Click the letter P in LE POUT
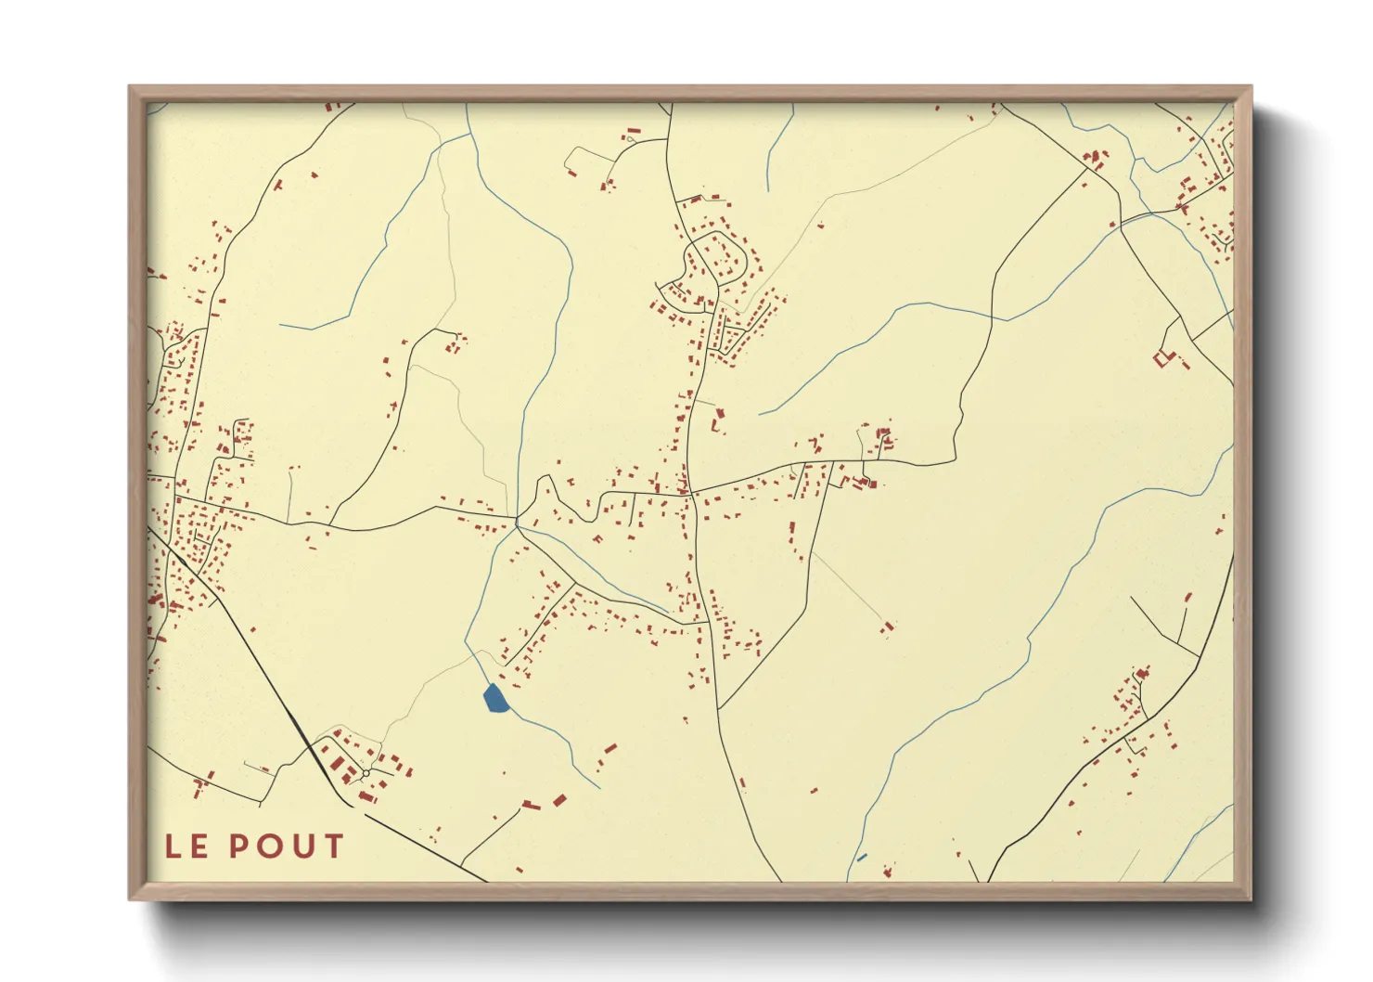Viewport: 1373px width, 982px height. click(x=240, y=846)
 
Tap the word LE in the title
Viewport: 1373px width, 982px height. click(x=186, y=846)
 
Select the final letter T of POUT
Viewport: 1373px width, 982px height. click(x=332, y=846)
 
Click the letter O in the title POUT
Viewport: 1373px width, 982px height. click(x=271, y=846)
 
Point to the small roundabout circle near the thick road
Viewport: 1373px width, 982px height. click(x=366, y=773)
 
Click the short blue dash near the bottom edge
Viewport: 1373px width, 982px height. click(x=862, y=858)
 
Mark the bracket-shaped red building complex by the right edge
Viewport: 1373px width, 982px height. click(x=1163, y=357)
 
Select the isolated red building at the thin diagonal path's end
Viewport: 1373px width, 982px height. click(x=888, y=627)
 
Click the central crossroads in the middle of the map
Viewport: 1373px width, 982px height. click(x=690, y=493)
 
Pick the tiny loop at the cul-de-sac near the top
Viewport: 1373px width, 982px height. click(x=630, y=139)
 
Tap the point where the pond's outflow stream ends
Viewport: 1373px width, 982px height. click(x=598, y=788)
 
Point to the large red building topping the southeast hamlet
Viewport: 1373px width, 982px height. click(x=1143, y=672)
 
